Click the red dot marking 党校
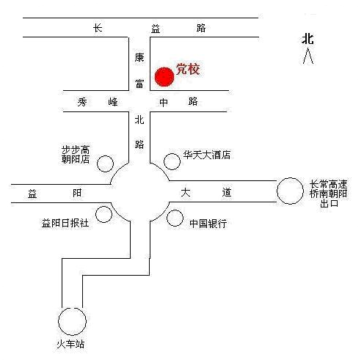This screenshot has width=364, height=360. [164, 77]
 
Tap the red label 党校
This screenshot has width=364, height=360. [188, 69]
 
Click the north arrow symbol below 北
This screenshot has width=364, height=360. [307, 56]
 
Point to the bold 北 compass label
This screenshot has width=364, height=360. [307, 39]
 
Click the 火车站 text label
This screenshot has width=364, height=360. [70, 345]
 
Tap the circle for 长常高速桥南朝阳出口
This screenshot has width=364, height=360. [277, 191]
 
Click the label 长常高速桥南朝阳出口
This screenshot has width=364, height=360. [328, 194]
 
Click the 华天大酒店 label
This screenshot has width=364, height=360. [207, 155]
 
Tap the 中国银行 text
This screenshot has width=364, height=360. [208, 224]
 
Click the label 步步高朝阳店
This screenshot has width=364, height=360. [76, 155]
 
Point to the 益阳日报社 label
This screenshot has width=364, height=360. [65, 223]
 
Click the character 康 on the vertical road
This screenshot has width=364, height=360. [139, 58]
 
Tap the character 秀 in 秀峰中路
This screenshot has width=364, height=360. [82, 102]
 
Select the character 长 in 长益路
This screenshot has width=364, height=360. [98, 28]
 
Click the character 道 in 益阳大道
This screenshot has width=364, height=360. [227, 192]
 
